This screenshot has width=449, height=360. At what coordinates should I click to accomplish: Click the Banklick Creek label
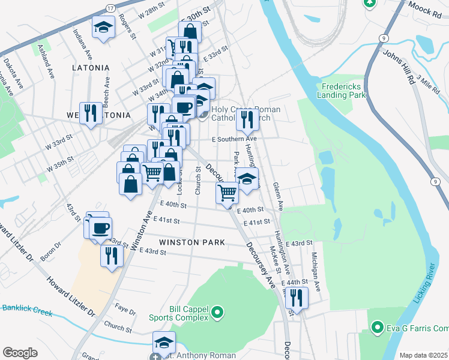point(27,310)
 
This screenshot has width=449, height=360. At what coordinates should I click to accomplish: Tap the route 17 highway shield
point(110,8)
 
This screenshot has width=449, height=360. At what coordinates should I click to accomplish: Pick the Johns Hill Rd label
point(398,68)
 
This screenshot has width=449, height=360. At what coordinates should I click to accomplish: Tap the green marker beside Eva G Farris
point(378,328)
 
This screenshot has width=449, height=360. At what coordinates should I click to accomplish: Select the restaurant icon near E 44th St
point(296,297)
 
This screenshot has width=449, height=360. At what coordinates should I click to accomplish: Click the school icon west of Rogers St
point(103,27)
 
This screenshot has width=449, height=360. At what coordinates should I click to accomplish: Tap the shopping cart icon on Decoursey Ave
point(228,193)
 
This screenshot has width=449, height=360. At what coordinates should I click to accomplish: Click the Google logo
point(20,353)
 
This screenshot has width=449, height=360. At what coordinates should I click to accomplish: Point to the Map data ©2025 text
point(423,355)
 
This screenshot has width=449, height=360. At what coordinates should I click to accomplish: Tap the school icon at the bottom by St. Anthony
point(164,342)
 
